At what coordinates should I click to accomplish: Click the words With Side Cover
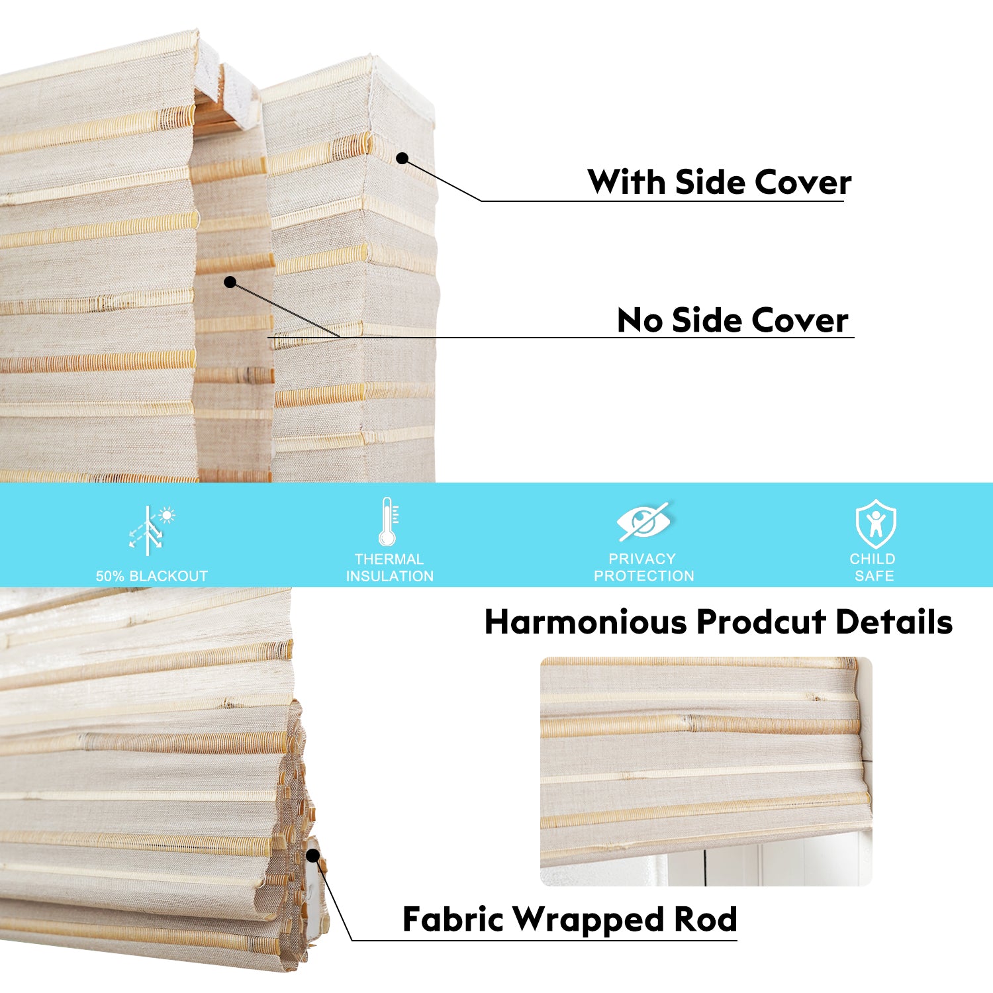pyautogui.click(x=719, y=182)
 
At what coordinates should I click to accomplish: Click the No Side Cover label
pyautogui.click(x=732, y=320)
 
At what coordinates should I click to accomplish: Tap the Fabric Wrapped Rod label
pyautogui.click(x=569, y=919)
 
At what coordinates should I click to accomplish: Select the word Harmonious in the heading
pyautogui.click(x=586, y=622)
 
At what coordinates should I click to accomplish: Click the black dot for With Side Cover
pyautogui.click(x=402, y=158)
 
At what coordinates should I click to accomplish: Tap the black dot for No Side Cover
pyautogui.click(x=230, y=282)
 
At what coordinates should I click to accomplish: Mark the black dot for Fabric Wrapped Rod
pyautogui.click(x=312, y=855)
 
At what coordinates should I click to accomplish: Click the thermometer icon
pyautogui.click(x=388, y=522)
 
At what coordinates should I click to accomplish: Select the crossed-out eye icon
pyautogui.click(x=643, y=522)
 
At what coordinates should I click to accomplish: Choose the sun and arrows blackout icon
pyautogui.click(x=152, y=530)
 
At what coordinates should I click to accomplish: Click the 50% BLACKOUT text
pyautogui.click(x=152, y=576)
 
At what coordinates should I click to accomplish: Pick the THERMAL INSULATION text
pyautogui.click(x=389, y=567)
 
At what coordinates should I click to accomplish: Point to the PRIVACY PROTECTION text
pyautogui.click(x=643, y=567)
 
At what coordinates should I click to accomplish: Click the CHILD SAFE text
pyautogui.click(x=873, y=567)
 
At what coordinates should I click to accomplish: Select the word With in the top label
pyautogui.click(x=626, y=181)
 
